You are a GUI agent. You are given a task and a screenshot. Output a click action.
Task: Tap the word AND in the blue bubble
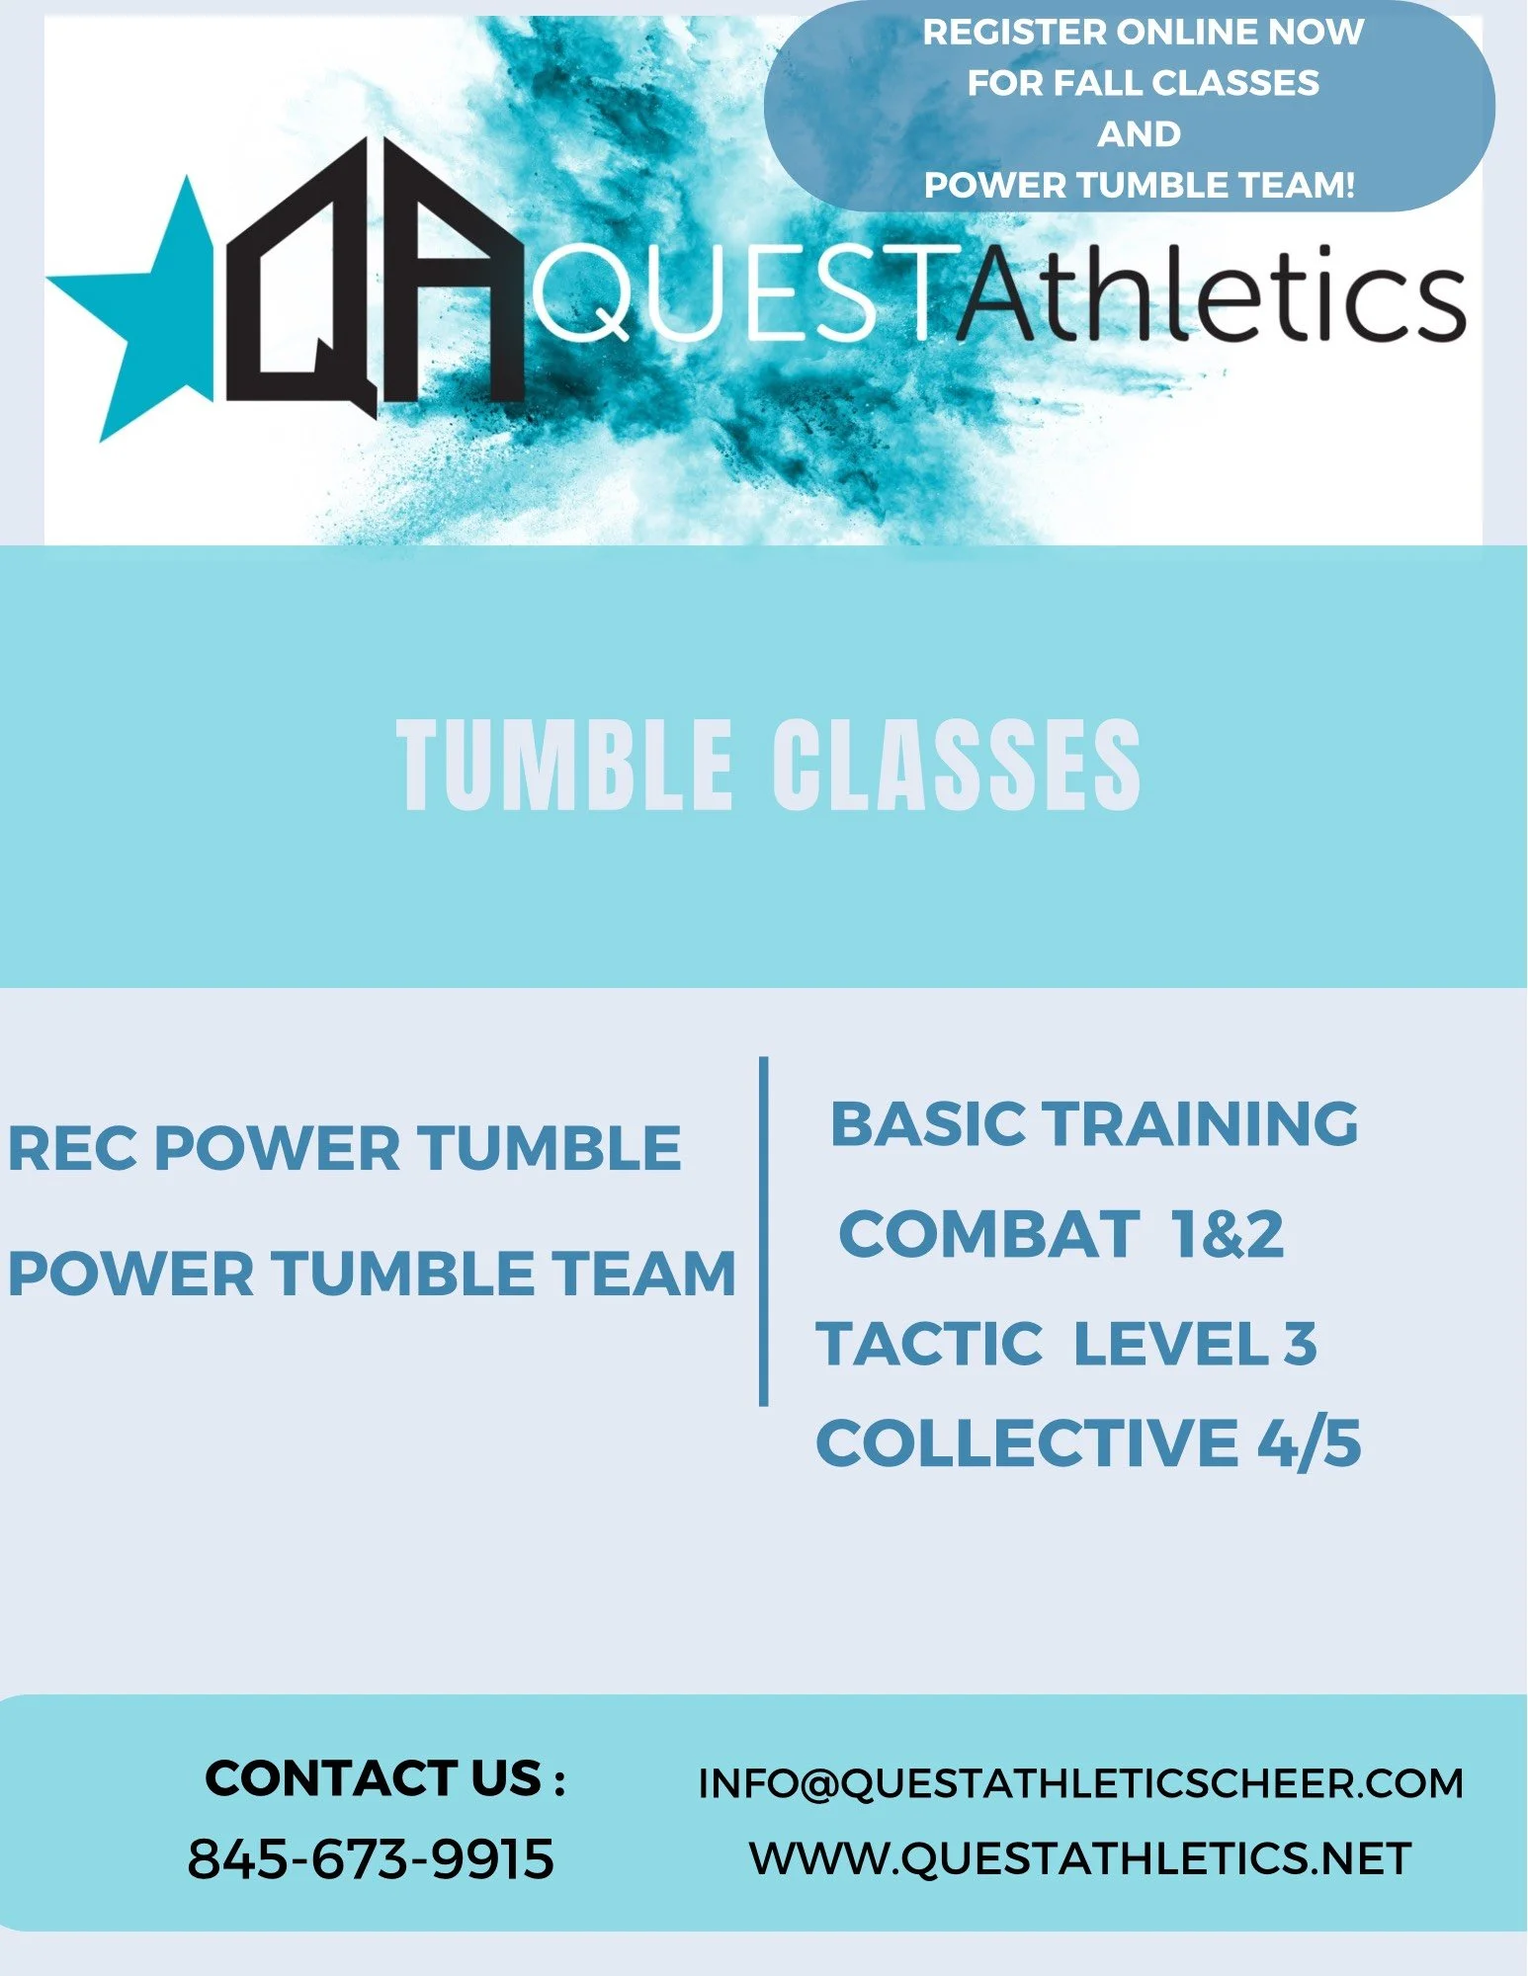pos(1139,134)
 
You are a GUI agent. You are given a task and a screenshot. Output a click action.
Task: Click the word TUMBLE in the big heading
pos(565,766)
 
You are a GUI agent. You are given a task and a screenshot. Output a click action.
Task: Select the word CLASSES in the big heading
pos(956,766)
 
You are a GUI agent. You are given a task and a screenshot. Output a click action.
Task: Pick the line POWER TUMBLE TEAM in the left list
pos(372,1273)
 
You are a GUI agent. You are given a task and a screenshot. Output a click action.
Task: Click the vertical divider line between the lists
pos(764,1230)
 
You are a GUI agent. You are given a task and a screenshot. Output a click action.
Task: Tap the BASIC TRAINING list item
pos(1094,1124)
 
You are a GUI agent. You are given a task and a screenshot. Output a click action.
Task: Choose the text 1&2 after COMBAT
pos(1227,1234)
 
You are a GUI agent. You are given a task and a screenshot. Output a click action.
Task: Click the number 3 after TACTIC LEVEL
pos(1301,1344)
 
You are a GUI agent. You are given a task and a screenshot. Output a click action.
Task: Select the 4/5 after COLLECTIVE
pos(1310,1443)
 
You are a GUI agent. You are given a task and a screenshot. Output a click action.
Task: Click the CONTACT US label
pos(384,1778)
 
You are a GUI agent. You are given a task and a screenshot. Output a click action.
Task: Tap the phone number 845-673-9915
pos(371,1858)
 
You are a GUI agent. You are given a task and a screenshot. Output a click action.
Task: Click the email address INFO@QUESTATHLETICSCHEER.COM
pos(1080,1783)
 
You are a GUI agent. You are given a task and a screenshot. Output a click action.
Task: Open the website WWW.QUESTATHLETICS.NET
pos(1080,1858)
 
